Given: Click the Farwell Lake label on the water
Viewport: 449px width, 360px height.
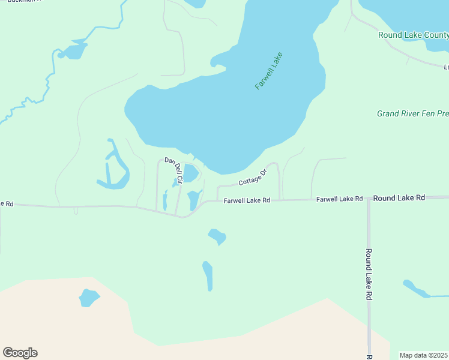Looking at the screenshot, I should click(x=268, y=71).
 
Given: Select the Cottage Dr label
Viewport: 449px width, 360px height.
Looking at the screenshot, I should click(x=252, y=178).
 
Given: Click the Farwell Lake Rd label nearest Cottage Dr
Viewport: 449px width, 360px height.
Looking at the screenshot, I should click(x=247, y=200).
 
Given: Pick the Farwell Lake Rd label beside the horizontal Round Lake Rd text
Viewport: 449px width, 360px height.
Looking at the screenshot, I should click(x=340, y=199).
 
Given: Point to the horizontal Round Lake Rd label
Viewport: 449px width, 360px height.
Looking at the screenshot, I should click(x=399, y=197).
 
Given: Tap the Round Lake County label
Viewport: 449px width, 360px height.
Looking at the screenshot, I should click(x=413, y=35).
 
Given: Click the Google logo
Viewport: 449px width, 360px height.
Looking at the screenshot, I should click(x=20, y=353).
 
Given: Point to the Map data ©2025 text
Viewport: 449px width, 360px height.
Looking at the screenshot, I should click(x=424, y=355).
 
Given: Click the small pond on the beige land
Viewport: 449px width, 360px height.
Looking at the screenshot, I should click(x=89, y=298).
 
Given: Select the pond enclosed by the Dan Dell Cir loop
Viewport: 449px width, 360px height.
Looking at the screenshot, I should click(x=190, y=173).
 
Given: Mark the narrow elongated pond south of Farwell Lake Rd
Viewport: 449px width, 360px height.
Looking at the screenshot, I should click(x=208, y=276).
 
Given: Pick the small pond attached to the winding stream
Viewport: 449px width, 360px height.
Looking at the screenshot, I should click(x=73, y=51).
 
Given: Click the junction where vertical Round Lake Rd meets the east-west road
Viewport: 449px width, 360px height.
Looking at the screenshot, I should click(x=369, y=198).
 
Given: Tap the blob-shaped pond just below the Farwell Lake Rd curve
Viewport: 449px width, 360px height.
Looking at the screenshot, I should click(x=217, y=236).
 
